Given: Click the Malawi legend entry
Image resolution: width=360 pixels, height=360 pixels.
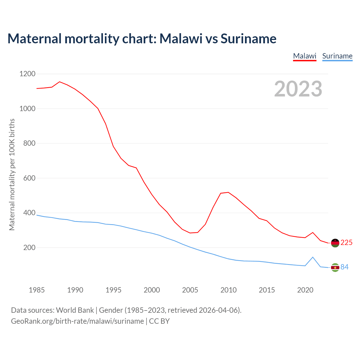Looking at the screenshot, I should (x=305, y=56).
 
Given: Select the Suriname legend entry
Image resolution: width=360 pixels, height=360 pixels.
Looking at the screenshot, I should (x=337, y=56).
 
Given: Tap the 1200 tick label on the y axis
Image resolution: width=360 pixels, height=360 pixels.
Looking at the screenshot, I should (x=27, y=74).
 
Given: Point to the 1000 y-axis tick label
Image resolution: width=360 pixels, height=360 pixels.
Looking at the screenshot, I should (x=27, y=109).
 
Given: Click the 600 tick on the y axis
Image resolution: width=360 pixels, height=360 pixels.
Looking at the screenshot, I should (x=29, y=178).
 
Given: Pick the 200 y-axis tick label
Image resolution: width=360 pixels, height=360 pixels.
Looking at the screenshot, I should (x=29, y=247).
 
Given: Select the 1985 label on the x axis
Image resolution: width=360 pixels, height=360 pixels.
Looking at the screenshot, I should (x=37, y=290).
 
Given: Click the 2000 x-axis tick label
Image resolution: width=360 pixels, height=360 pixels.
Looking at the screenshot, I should (x=152, y=290).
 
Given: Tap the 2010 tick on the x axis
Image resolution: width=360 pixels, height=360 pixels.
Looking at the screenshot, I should (x=228, y=290).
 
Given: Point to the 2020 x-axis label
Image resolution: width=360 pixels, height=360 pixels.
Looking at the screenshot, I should (x=305, y=290).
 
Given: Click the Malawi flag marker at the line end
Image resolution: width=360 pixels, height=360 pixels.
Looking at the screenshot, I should (x=335, y=243).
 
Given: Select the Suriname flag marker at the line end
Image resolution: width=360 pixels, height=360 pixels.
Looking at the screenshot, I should (x=335, y=267).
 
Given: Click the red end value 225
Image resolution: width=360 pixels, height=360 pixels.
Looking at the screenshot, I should (x=346, y=242).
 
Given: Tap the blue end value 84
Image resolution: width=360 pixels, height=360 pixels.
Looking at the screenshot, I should (x=345, y=267).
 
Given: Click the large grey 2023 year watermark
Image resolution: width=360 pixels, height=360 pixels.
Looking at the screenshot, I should (x=298, y=89).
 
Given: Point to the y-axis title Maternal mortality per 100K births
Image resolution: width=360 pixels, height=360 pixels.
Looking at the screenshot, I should (x=12, y=175).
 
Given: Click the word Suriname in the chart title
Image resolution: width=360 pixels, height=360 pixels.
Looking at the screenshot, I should (x=248, y=39).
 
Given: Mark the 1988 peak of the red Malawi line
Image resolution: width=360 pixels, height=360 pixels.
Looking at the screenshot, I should (x=60, y=82).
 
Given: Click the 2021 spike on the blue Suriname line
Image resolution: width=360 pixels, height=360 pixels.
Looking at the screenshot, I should (x=313, y=257).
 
